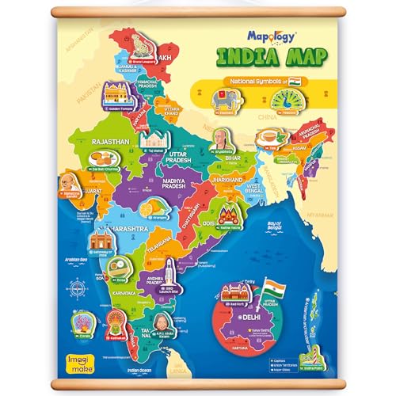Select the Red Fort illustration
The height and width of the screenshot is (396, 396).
pyautogui.click(x=237, y=297)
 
